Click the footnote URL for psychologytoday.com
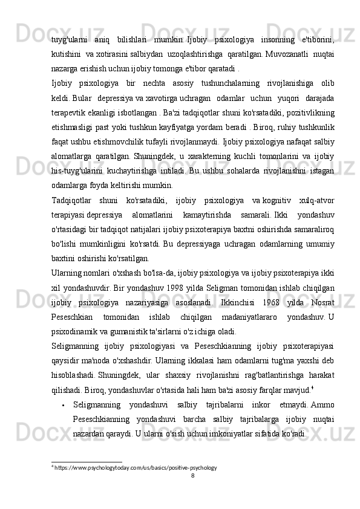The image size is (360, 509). tap(135, 467)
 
